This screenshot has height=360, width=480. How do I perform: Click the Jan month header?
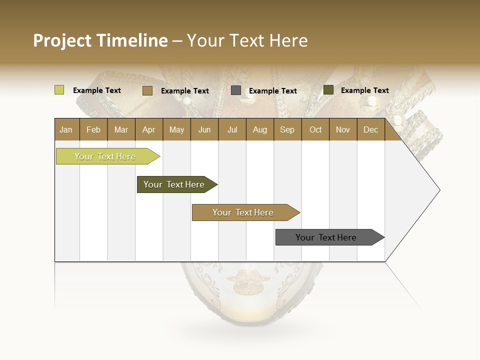click(x=66, y=129)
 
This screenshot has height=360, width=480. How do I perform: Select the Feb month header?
click(x=93, y=129)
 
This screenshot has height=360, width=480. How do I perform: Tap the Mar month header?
click(x=121, y=129)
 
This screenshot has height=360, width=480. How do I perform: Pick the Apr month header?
click(x=148, y=129)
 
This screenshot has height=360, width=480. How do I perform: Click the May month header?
click(x=176, y=129)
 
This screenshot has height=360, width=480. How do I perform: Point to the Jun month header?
click(x=204, y=129)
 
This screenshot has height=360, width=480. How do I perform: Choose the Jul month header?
click(x=232, y=129)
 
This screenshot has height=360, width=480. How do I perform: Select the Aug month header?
click(x=259, y=129)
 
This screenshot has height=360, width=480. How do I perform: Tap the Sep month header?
click(x=287, y=129)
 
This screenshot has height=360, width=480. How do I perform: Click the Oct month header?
click(x=315, y=129)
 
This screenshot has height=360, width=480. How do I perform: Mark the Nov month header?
click(x=342, y=129)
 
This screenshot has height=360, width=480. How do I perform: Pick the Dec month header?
click(x=370, y=129)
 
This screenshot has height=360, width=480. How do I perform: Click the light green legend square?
click(x=59, y=90)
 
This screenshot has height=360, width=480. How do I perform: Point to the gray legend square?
click(x=236, y=90)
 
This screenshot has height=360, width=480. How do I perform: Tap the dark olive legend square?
click(x=328, y=90)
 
